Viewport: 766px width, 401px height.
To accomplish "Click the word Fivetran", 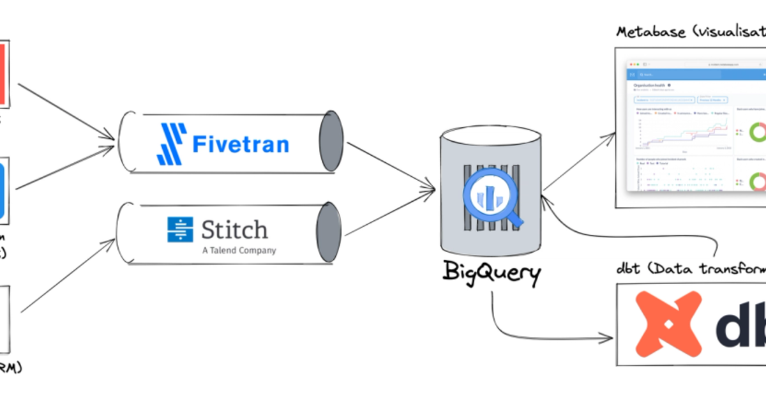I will click(x=241, y=144).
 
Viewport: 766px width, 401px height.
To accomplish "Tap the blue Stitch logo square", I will click(x=180, y=230).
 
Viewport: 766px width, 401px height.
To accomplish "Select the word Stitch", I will click(x=234, y=229).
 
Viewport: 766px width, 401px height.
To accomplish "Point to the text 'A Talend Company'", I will click(x=239, y=251).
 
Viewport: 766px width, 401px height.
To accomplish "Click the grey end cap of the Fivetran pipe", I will click(x=331, y=141).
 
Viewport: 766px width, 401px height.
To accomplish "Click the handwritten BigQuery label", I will click(x=492, y=274).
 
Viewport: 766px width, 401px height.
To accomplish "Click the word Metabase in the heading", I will click(x=647, y=32).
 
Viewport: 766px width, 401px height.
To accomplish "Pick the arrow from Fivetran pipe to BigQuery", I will click(x=389, y=165).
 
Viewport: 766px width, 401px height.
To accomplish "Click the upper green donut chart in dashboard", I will click(x=757, y=132).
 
